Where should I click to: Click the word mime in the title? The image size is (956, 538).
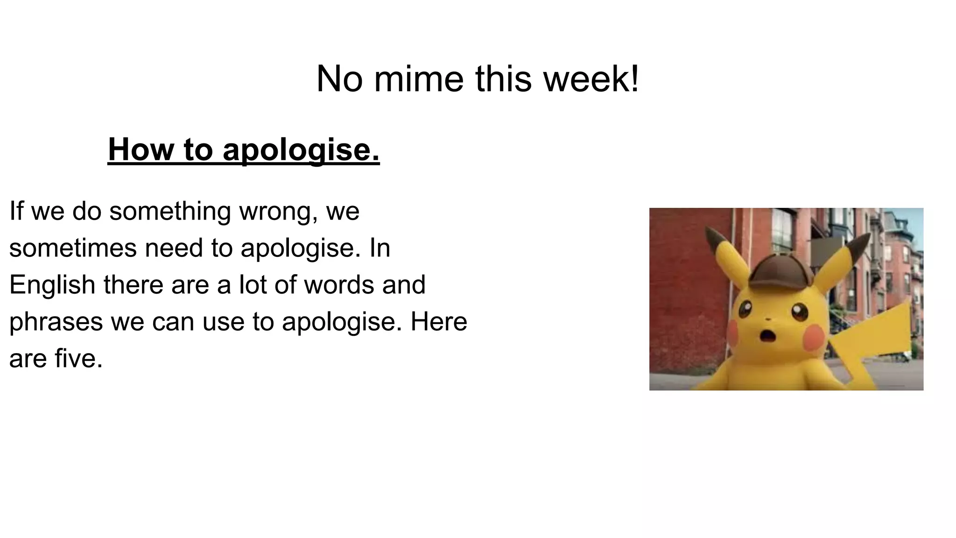[x=418, y=79]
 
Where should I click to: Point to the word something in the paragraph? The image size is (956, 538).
[x=170, y=211]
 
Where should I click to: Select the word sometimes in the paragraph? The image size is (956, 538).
[x=73, y=248]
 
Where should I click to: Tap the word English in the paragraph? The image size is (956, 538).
[x=52, y=285]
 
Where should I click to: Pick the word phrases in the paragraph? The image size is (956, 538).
[x=56, y=322]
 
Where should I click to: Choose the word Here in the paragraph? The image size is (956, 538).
[x=438, y=322]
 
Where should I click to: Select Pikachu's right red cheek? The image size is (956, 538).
[x=813, y=336]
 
